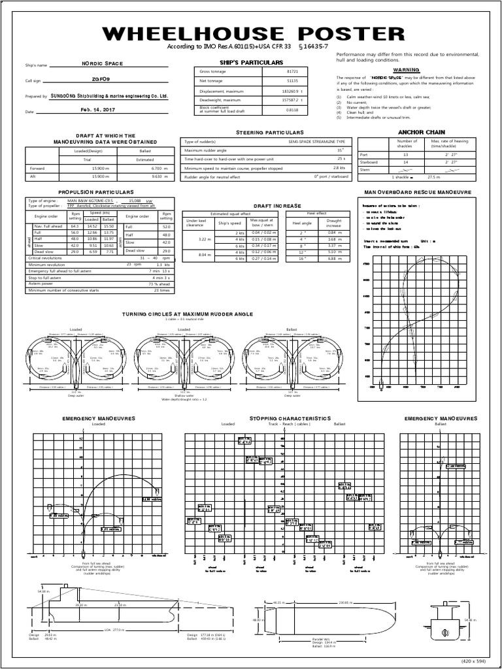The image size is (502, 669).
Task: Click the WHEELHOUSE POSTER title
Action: click(x=251, y=34)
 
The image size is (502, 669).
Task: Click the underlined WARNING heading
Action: click(x=405, y=69)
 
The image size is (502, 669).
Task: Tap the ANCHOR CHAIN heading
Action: click(x=416, y=131)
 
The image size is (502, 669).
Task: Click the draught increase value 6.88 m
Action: click(x=335, y=258)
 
